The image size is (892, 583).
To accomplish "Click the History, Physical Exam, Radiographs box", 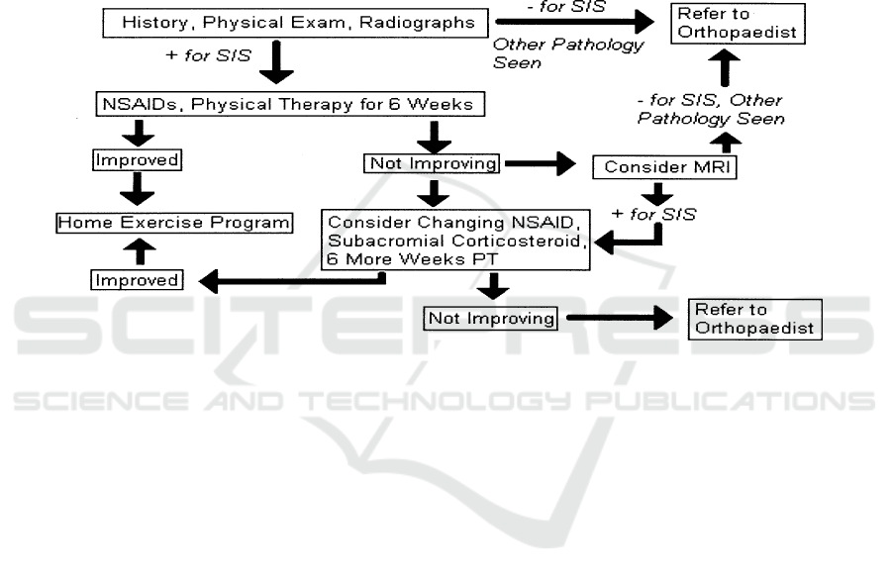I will tap(298, 22).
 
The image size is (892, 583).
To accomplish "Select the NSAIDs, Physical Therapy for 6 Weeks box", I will tap(294, 103).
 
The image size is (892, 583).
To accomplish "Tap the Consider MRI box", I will tap(665, 168).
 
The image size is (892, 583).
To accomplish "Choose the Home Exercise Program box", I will tap(174, 222).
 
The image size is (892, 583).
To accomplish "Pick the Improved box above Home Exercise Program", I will tap(138, 159).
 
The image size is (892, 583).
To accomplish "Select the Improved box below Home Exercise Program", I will tap(138, 280).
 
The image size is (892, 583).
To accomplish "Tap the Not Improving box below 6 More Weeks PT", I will tap(491, 318).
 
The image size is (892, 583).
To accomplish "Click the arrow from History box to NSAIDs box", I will tap(276, 64).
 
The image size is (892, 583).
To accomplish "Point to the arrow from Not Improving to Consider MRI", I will tap(539, 164).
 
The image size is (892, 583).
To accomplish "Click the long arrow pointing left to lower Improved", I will tap(293, 281).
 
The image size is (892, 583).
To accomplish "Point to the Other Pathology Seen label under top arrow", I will tap(567, 53).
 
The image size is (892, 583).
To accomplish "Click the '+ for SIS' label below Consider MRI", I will tap(653, 213).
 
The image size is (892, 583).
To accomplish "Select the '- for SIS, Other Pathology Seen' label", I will tap(710, 110).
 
